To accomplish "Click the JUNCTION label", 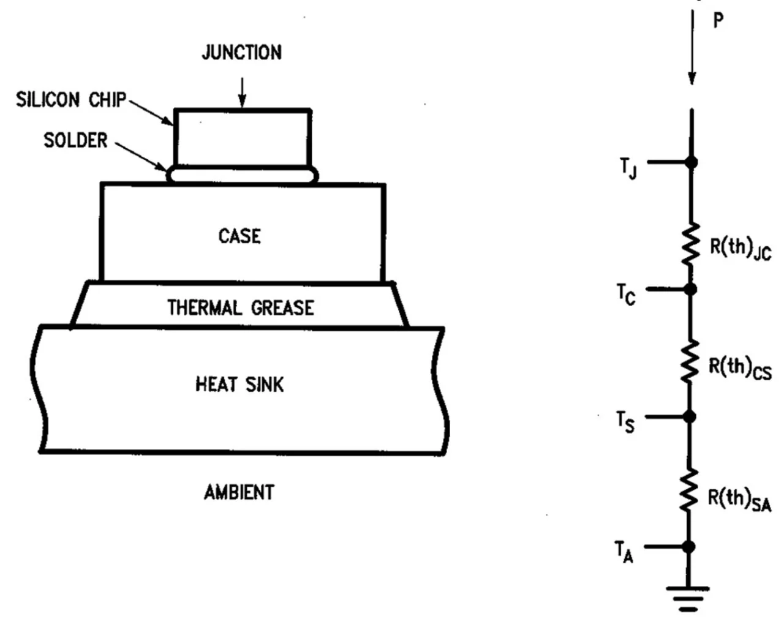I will point(242,53).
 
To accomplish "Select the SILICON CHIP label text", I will point(71,100).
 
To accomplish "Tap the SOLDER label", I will point(75,141).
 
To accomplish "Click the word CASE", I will point(239,236).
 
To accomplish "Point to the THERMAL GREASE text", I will point(241,307).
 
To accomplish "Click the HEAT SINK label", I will point(239,385).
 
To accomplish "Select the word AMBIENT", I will point(239,492).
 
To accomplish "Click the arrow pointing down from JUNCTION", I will point(243,92).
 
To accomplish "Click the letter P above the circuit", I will point(718,20).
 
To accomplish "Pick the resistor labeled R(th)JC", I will point(691,244).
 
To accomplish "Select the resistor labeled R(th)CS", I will point(690,361).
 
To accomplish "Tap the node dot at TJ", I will point(692,162).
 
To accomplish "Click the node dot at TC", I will point(690,288).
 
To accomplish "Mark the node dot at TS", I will point(689,417).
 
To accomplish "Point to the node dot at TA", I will point(689,546).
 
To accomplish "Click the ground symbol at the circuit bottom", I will point(688,597).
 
